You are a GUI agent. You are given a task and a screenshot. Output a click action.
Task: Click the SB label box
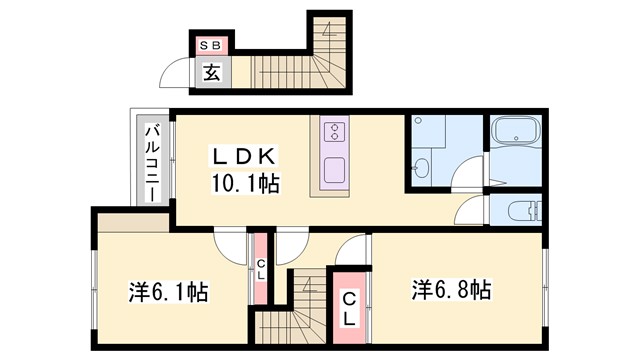[x=211, y=44]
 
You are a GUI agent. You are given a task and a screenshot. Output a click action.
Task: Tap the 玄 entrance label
[x=212, y=72]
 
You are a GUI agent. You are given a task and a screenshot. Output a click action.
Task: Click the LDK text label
[x=243, y=158]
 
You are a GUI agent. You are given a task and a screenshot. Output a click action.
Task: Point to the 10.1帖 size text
[x=244, y=183]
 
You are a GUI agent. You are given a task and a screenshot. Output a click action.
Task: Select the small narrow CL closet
[x=260, y=268]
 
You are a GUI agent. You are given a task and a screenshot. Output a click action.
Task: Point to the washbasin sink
[x=422, y=167]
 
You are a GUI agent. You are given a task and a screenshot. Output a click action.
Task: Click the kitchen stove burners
[x=334, y=132]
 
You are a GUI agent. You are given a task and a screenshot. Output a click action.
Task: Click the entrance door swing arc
[x=179, y=76]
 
